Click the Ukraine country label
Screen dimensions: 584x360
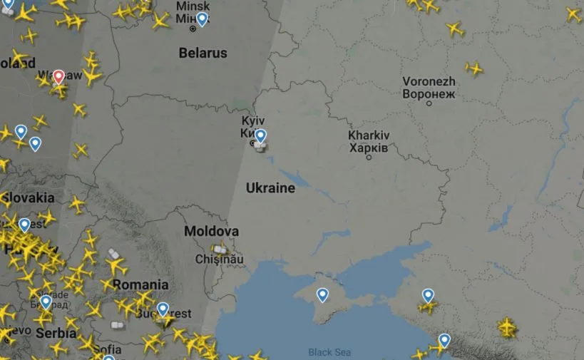point(270,188)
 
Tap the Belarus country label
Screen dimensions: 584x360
point(203,53)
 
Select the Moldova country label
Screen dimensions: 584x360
point(211,232)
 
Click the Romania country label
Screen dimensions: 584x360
point(140,285)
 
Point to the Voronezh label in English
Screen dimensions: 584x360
point(429,81)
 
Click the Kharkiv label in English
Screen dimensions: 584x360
point(369,135)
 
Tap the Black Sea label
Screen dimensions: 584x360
point(329,352)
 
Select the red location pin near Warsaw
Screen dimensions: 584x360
point(59,76)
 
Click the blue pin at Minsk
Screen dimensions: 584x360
point(202,19)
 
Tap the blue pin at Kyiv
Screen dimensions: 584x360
point(260,135)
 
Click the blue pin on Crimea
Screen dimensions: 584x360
point(322,294)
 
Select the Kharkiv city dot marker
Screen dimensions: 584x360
point(369,157)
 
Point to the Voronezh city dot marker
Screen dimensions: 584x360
point(429,103)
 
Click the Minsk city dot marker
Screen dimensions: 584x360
point(193,29)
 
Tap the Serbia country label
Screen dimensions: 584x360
point(56,333)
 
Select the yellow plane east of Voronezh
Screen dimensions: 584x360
point(474,69)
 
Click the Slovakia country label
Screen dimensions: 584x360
point(29,197)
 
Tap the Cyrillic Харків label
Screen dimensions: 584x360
point(369,147)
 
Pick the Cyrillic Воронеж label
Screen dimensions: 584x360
point(429,93)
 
